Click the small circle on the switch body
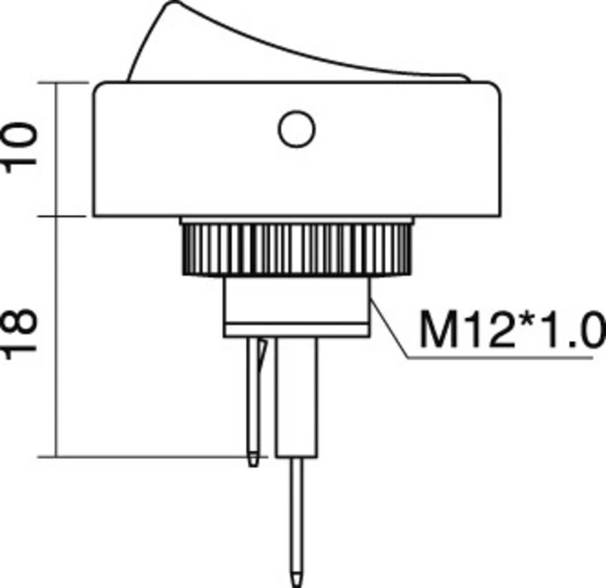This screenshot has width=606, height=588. pyautogui.click(x=296, y=129)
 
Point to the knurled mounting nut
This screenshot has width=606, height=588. pyautogui.click(x=296, y=249)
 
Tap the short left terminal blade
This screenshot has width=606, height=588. pyautogui.click(x=253, y=400)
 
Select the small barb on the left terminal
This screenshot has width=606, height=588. pyautogui.click(x=262, y=355)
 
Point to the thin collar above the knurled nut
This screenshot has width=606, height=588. pyautogui.click(x=296, y=220)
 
